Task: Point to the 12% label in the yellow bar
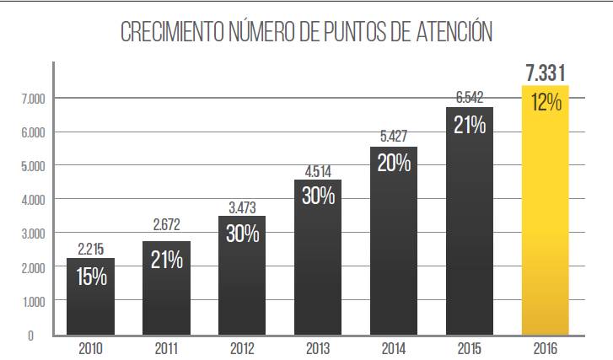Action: click(x=546, y=103)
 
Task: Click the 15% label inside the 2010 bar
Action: click(x=91, y=276)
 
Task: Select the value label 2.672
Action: click(x=166, y=225)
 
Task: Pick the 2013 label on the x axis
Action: click(x=318, y=347)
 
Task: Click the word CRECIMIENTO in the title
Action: click(x=174, y=33)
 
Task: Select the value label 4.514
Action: click(x=318, y=171)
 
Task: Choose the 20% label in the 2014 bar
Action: click(x=394, y=164)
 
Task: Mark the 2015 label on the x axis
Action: click(x=470, y=347)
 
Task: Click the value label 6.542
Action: click(x=470, y=98)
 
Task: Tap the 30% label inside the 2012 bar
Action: click(x=242, y=233)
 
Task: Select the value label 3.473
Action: click(x=242, y=207)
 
